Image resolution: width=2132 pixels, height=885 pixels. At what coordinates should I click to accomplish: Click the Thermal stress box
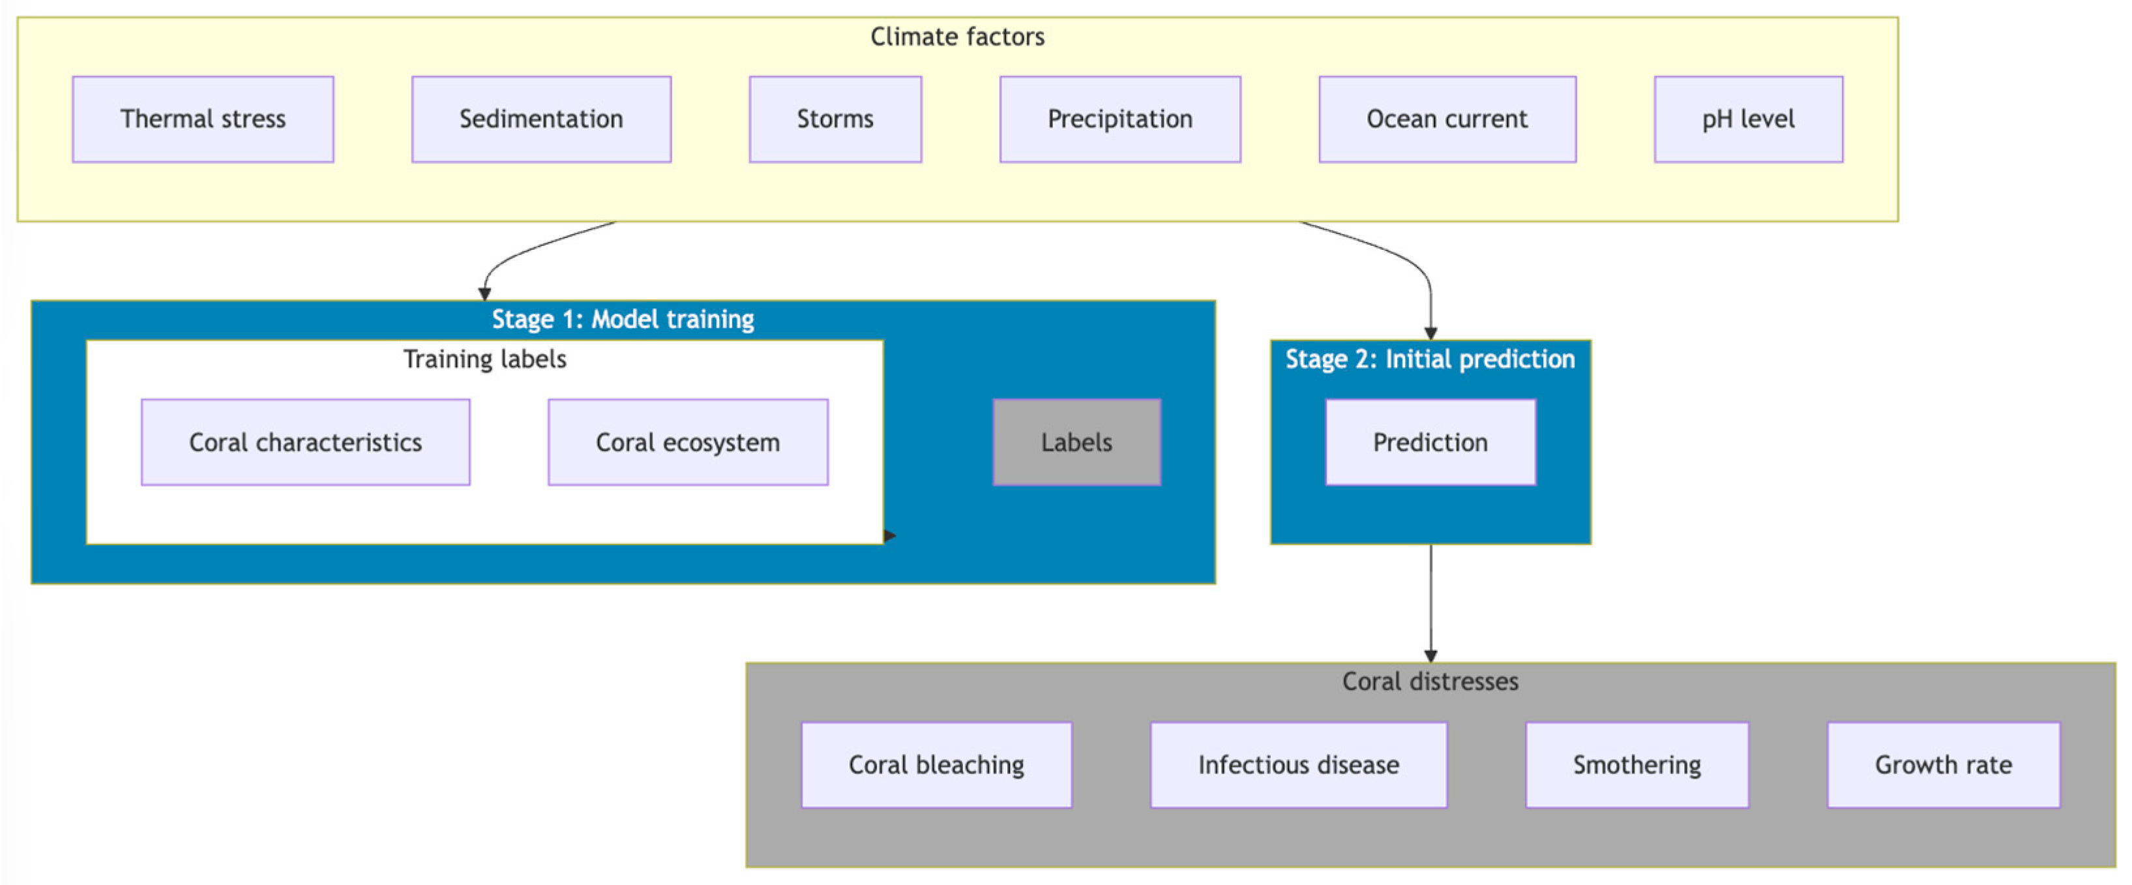click(x=203, y=119)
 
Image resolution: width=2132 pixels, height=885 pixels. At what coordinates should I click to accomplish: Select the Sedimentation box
click(x=541, y=119)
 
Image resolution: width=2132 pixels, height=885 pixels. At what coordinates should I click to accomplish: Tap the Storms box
click(x=835, y=119)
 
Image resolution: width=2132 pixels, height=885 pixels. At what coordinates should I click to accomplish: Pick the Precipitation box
click(x=1120, y=119)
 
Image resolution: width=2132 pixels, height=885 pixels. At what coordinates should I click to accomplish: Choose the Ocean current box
click(x=1447, y=119)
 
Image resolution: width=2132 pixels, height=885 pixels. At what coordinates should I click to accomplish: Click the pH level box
click(x=1748, y=119)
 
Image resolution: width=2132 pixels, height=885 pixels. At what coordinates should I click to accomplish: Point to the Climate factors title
click(x=956, y=37)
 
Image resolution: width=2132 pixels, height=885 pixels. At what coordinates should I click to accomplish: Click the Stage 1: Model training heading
click(x=623, y=320)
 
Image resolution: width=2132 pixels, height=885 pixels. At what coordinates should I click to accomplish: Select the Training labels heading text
click(x=484, y=359)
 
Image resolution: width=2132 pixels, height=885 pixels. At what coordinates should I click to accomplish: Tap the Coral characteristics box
click(x=305, y=442)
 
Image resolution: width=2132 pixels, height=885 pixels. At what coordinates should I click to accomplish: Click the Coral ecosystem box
click(x=688, y=442)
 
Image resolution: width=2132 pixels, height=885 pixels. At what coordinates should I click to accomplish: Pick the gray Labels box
click(x=1076, y=442)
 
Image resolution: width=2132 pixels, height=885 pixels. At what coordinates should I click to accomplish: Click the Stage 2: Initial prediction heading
click(x=1429, y=359)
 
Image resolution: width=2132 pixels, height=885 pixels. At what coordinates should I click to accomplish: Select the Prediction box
click(x=1429, y=442)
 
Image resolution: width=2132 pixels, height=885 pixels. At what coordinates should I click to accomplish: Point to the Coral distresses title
click(x=1429, y=682)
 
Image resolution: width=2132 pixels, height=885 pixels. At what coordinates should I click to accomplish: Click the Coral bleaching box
click(x=936, y=764)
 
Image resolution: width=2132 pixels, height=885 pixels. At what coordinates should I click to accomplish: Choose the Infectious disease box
click(x=1297, y=764)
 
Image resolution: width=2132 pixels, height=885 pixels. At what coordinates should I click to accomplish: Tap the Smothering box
click(x=1636, y=764)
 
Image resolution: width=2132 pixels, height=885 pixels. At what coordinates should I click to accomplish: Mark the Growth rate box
click(x=1942, y=764)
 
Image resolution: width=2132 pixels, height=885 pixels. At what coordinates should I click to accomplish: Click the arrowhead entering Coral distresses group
click(x=1430, y=655)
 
